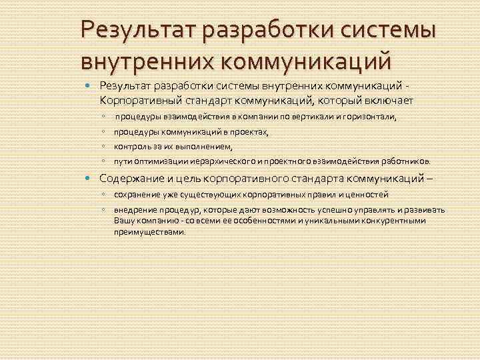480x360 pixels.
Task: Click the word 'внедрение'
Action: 133,210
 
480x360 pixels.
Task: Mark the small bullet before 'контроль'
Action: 105,147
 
